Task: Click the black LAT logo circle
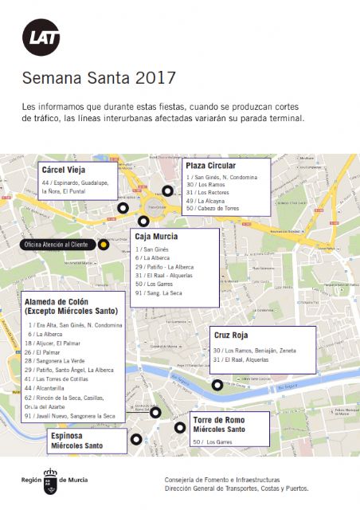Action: [41, 37]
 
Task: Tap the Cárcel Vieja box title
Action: [63, 170]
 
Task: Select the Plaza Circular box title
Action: [212, 165]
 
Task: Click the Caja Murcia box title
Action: [156, 237]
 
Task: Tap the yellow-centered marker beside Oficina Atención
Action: [103, 244]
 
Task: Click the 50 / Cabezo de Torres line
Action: [213, 209]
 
